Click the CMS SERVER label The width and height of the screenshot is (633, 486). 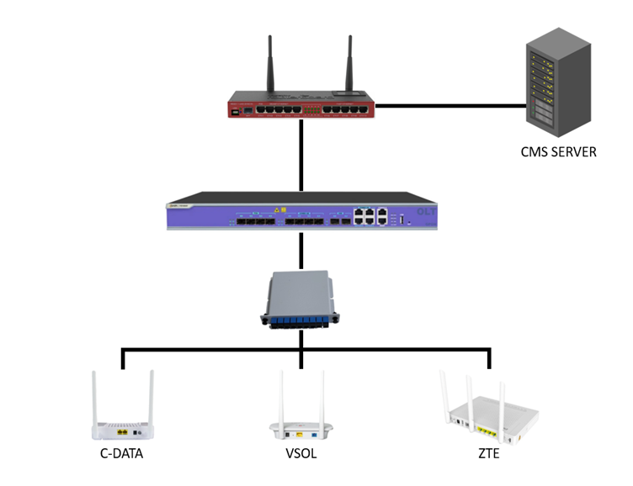point(558,152)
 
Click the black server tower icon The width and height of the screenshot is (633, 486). point(555,83)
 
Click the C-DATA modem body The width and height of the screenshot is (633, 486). point(124,430)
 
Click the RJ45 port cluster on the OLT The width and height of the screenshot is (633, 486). point(370,215)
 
